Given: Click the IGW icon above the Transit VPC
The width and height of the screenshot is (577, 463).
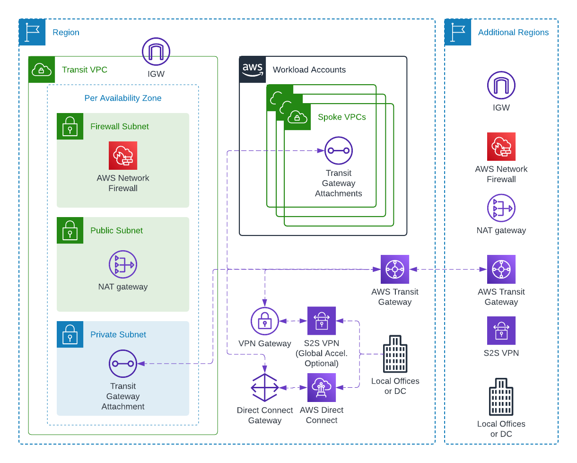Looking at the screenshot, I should tap(156, 52).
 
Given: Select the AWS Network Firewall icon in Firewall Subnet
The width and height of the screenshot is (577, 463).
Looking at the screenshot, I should tap(123, 155).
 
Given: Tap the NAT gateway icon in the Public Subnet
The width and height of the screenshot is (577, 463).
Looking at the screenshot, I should tap(123, 264).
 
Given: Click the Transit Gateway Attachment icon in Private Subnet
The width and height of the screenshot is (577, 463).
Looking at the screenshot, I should tap(123, 364).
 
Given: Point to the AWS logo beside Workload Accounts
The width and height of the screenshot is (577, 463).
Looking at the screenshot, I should tap(253, 70).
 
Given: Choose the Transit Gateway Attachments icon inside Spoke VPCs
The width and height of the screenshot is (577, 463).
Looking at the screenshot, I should tap(339, 150).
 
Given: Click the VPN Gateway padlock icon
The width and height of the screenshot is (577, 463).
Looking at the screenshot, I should tap(265, 321).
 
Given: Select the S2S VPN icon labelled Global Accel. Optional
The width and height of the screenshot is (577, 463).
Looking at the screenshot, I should tap(322, 321).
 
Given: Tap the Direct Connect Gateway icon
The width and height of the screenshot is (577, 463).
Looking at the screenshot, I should tap(265, 387).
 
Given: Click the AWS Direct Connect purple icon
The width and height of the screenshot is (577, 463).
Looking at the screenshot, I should tap(322, 387).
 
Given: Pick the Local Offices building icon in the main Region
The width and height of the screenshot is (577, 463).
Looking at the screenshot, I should tap(395, 354).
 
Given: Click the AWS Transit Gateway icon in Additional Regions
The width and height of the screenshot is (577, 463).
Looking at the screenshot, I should tap(501, 269).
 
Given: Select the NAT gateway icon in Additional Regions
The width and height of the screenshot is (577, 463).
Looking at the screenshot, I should tap(501, 208).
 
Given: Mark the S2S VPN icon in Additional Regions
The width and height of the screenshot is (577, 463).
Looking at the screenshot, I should tap(501, 331).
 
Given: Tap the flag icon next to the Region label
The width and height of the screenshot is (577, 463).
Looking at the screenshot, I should tap(32, 32).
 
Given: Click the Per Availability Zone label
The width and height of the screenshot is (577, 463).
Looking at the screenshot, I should tap(123, 98).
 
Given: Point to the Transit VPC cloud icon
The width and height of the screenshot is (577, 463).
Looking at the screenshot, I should tap(42, 70).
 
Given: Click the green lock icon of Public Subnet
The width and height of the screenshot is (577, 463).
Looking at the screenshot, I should tap(70, 230).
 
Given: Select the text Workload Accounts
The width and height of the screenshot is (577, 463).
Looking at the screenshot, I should tap(309, 70).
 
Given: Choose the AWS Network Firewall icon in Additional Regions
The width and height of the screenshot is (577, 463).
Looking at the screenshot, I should tap(501, 147).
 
